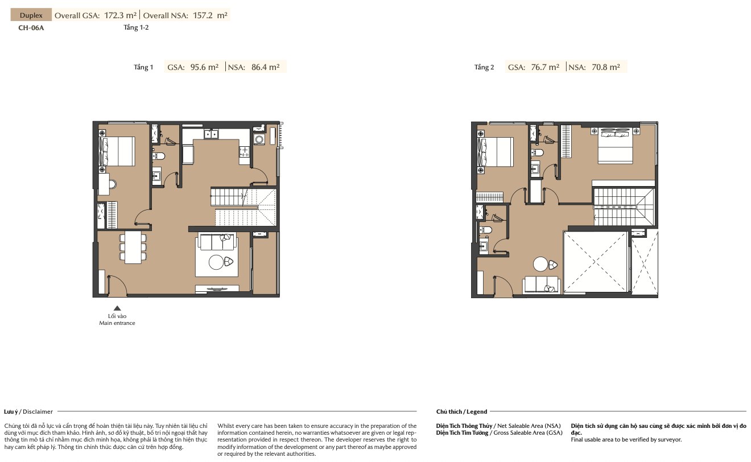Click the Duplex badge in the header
click(x=31, y=15)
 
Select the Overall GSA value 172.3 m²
click(x=121, y=15)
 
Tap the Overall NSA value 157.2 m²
click(x=210, y=15)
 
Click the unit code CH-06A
click(x=31, y=28)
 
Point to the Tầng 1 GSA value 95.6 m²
click(x=204, y=67)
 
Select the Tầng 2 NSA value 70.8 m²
click(x=606, y=67)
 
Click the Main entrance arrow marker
click(x=117, y=308)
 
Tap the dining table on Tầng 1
click(x=133, y=247)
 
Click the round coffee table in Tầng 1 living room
click(x=216, y=262)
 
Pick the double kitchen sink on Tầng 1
click(x=211, y=134)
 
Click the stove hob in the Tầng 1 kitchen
click(x=245, y=151)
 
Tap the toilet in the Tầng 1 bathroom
click(x=159, y=156)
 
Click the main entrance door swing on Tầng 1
click(x=117, y=286)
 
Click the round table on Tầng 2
click(x=540, y=264)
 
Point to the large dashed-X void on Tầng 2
click(x=596, y=262)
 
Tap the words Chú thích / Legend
click(x=461, y=412)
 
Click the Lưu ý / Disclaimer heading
click(x=28, y=412)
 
